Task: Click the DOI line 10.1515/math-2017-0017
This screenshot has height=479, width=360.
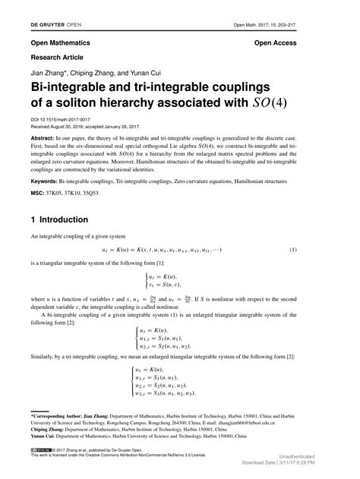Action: click(x=61, y=119)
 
